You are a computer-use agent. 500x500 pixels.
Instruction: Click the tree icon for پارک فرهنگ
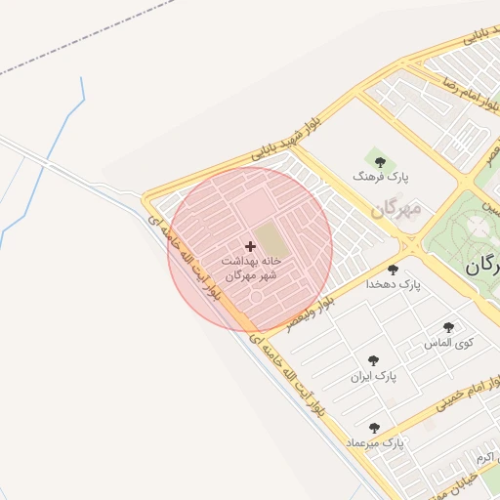380,161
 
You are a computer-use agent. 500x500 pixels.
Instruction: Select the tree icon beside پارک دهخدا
393,269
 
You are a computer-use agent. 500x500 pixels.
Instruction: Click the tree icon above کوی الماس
448,327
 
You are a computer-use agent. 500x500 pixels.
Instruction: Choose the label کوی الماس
448,343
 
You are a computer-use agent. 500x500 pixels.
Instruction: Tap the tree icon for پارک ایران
373,359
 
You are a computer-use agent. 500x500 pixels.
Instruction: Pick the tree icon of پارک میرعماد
374,428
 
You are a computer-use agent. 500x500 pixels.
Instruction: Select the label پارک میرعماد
374,443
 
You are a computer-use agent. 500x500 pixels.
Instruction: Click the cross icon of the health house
250,246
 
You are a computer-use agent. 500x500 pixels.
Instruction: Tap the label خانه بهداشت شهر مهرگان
251,269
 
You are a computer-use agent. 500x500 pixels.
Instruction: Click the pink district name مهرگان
396,209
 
